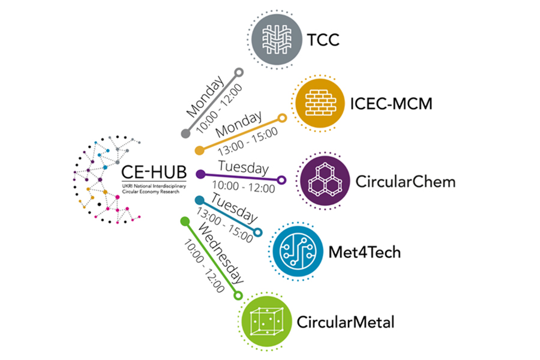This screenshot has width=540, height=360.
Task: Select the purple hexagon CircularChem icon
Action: (x=324, y=181)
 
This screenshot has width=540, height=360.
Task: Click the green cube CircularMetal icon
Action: (x=264, y=320)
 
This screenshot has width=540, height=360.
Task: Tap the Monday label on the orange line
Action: (x=239, y=123)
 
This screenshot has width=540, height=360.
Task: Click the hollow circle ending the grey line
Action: (x=238, y=73)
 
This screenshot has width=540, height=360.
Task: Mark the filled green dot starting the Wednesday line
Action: (x=185, y=221)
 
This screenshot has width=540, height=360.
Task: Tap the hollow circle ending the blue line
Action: (x=259, y=232)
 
